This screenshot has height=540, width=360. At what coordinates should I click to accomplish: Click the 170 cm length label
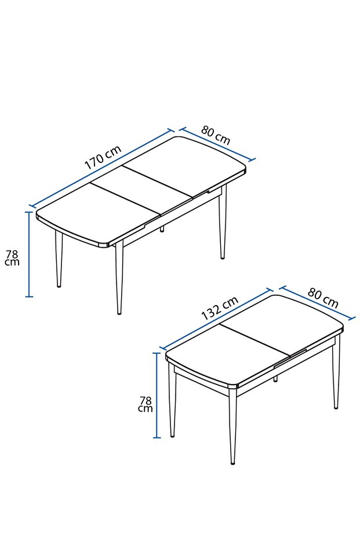pos(103,157)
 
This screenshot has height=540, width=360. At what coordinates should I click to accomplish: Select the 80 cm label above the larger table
pos(216,136)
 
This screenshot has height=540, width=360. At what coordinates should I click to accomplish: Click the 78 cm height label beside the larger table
pos(12,258)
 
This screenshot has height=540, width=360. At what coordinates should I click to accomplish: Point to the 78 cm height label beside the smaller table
pos(146,404)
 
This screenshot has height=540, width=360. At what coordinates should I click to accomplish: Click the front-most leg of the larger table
pos(119,278)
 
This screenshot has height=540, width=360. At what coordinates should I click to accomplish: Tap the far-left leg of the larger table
pos(59,258)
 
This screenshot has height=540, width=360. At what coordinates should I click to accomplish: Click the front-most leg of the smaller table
pos(233,429)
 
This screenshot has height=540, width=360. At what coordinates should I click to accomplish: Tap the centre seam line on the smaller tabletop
pos(255,340)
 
